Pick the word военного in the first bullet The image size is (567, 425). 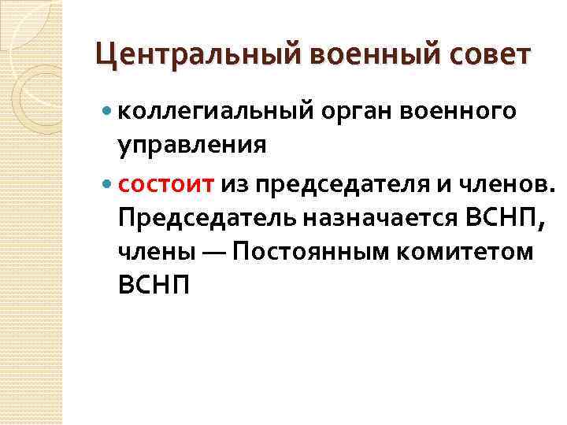coord(459,113)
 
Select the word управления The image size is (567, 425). coord(192,146)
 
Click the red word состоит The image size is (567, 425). coord(165,183)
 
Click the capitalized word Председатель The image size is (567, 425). coord(205,217)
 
